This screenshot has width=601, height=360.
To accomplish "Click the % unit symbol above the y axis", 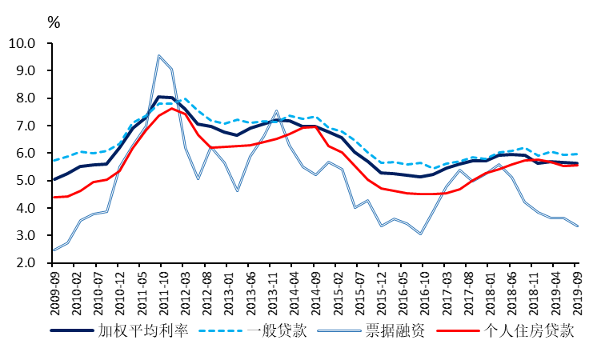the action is click(x=54, y=22).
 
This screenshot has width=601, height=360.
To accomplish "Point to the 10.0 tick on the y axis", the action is click(x=22, y=43).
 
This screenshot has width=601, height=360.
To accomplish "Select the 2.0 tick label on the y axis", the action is click(x=25, y=262).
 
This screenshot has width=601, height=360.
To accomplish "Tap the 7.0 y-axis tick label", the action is click(x=25, y=126).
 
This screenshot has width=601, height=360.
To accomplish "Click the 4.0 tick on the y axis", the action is click(x=25, y=208).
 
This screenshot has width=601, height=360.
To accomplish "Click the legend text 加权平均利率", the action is click(x=143, y=330).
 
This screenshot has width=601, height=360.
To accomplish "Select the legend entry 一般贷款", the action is click(x=277, y=330).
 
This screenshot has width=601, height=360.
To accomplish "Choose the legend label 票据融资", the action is click(x=395, y=330).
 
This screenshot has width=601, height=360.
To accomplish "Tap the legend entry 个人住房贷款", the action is click(x=529, y=330).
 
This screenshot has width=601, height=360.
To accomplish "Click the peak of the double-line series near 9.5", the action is click(x=158, y=56).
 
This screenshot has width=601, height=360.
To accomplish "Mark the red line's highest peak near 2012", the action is click(x=171, y=108).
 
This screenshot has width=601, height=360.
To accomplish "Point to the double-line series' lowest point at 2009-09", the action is click(x=54, y=250).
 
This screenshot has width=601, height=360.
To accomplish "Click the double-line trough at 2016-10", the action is click(x=421, y=234).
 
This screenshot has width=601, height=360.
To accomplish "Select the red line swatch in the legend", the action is click(x=459, y=330).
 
